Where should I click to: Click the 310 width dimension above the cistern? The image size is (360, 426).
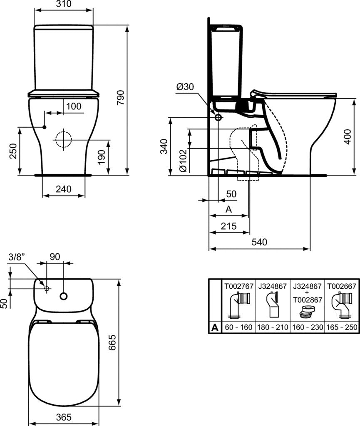coord(63,4)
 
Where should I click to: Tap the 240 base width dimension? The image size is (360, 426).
coord(63,189)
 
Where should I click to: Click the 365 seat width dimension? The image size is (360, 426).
coord(63,416)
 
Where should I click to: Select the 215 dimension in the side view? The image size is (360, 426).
coord(228,226)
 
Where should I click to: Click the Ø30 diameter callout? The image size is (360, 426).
coord(185,87)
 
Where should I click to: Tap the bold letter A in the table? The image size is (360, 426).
coord(215,327)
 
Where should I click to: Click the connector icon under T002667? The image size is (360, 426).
coord(340,305)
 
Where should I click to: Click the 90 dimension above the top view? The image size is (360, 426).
coord(55,257)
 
